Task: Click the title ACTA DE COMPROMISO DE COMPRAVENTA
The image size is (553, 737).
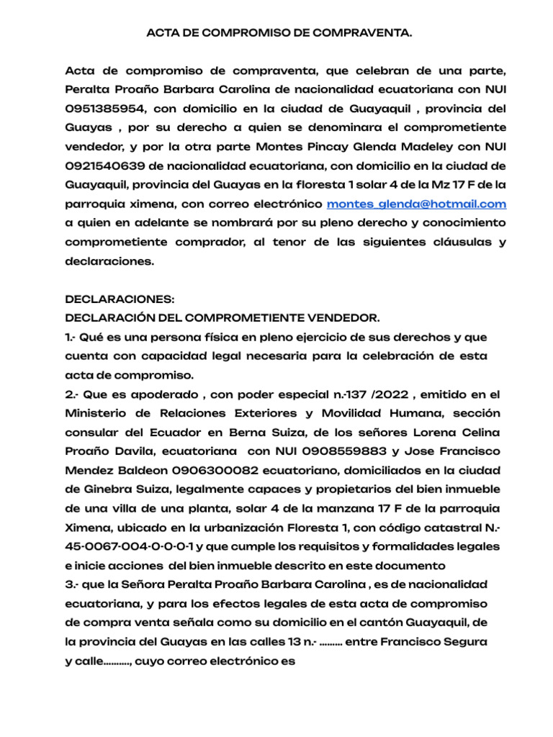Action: pyautogui.click(x=280, y=33)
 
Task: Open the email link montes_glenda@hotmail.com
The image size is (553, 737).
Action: pyautogui.click(x=416, y=204)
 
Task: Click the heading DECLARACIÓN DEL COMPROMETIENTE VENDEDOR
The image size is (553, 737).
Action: pyautogui.click(x=222, y=317)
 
